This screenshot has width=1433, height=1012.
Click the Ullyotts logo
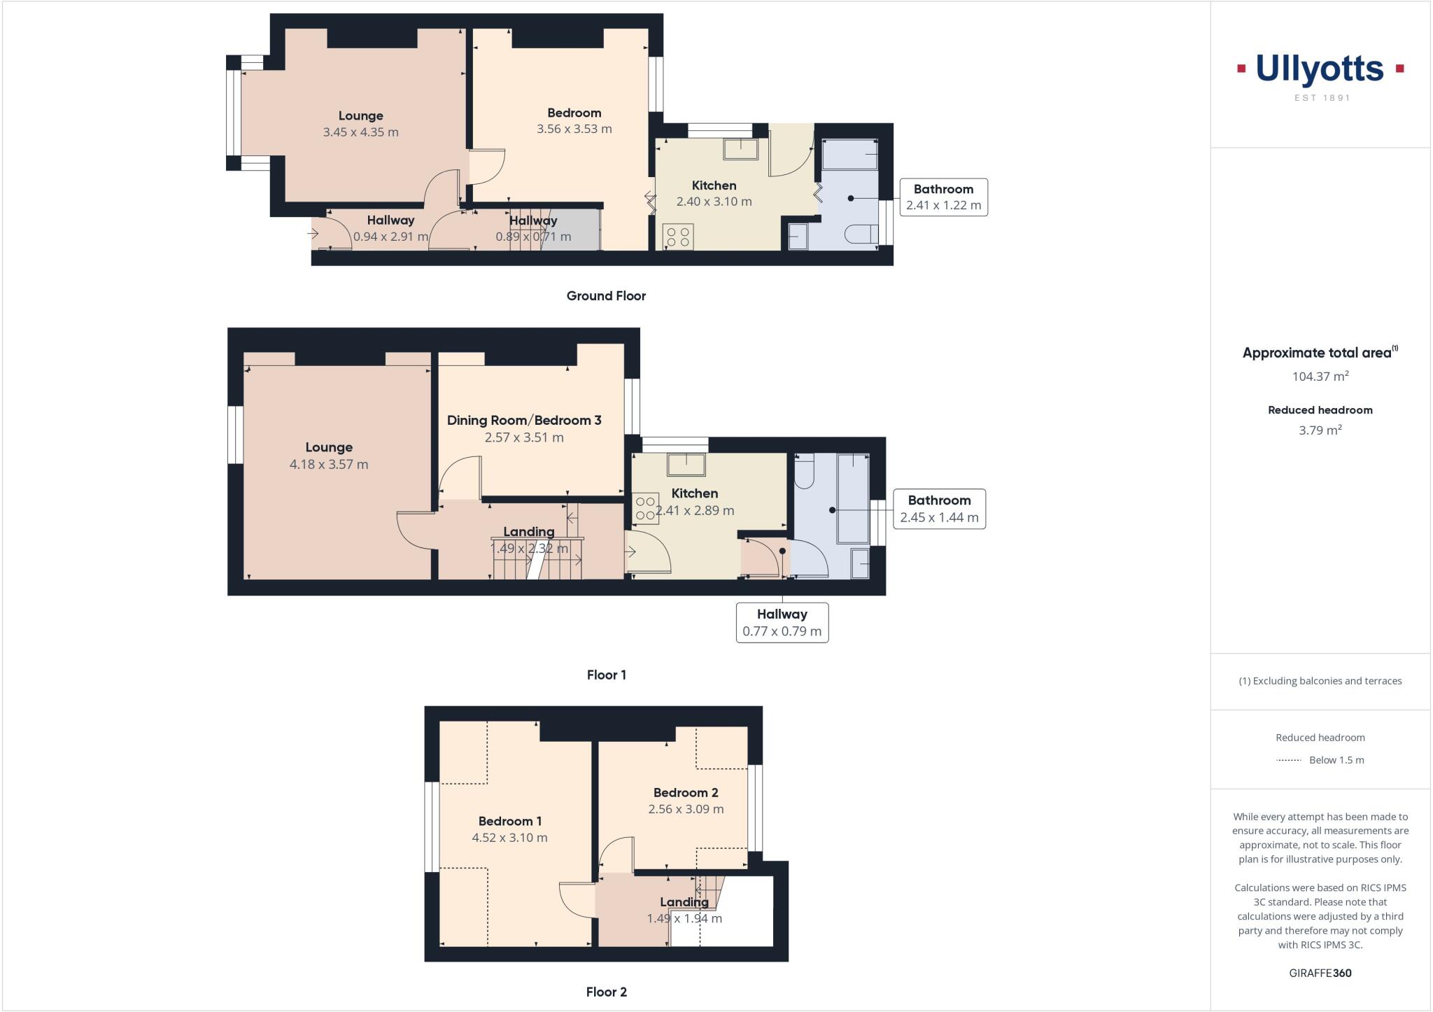1320,70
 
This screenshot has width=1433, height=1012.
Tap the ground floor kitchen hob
677,237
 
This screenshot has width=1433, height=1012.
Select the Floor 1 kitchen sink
686,465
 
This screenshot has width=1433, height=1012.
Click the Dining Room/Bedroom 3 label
523,420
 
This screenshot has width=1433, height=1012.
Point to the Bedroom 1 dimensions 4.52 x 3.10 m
509,838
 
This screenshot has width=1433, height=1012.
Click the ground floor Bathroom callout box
943,197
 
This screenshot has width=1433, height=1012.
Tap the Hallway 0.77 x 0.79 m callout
782,622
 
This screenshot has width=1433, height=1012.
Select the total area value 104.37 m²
1320,377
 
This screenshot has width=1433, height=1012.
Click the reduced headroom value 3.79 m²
1320,430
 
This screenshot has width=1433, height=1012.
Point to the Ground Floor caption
606,296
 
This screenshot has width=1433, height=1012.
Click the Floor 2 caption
606,992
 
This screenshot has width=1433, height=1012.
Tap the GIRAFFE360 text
1320,973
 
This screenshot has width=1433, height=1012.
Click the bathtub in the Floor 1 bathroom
853,498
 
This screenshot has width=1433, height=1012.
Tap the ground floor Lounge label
360,116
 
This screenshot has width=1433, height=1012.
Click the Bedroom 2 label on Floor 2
685,793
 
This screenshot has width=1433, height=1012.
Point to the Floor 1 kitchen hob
645,509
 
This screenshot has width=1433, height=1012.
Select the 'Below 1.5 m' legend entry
1320,760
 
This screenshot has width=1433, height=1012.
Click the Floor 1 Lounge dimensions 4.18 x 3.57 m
328,464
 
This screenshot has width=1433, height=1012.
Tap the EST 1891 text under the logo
1322,98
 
